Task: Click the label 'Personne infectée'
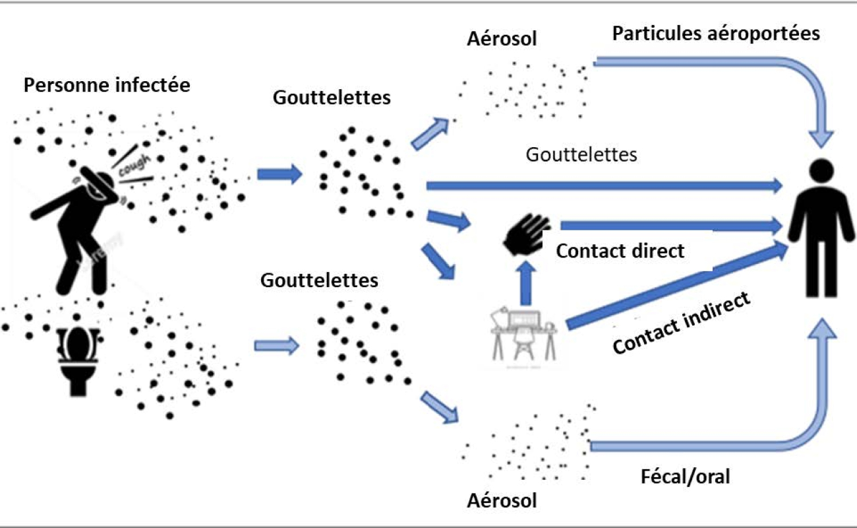[x=107, y=84]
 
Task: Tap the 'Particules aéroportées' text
[x=716, y=34]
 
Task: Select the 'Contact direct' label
[x=620, y=251]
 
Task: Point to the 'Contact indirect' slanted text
[x=681, y=322]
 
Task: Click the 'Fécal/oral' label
[x=685, y=477]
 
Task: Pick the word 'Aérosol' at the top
[x=502, y=39]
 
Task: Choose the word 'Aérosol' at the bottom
[x=502, y=500]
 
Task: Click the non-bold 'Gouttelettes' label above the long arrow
[x=581, y=155]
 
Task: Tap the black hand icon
[x=527, y=234]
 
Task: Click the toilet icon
[x=78, y=361]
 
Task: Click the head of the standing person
[x=822, y=171]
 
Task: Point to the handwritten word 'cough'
[x=134, y=165]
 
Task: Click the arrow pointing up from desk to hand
[x=526, y=284]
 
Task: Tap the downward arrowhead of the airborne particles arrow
[x=821, y=139]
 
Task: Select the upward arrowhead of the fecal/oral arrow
[x=822, y=329]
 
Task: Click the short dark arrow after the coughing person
[x=280, y=174]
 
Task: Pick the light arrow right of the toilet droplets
[x=277, y=346]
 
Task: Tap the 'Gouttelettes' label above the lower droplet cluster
[x=319, y=280]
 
